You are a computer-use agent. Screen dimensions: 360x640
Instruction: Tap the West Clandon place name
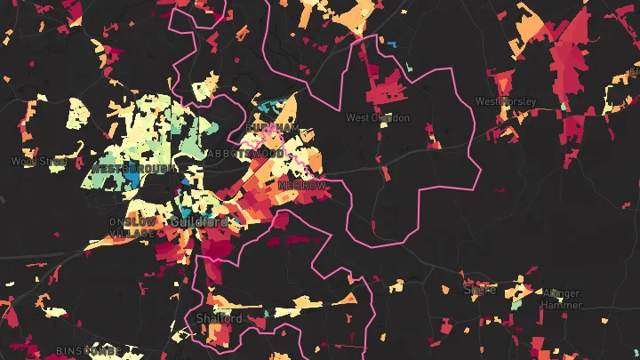click(x=372, y=117)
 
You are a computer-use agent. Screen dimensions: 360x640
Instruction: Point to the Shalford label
click(x=218, y=318)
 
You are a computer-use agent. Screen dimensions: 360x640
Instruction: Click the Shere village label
click(x=479, y=290)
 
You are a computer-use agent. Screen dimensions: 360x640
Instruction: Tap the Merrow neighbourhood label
click(x=301, y=185)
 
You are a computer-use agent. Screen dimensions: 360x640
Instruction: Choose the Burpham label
click(x=273, y=129)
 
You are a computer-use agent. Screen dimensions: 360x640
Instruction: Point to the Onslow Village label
click(x=132, y=227)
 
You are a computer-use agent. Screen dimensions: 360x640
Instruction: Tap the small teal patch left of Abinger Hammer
click(x=516, y=305)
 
